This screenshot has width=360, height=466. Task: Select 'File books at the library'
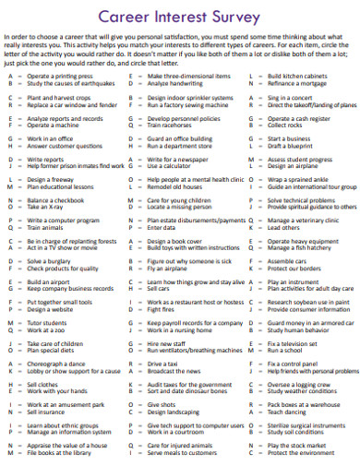(x=61, y=452)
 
